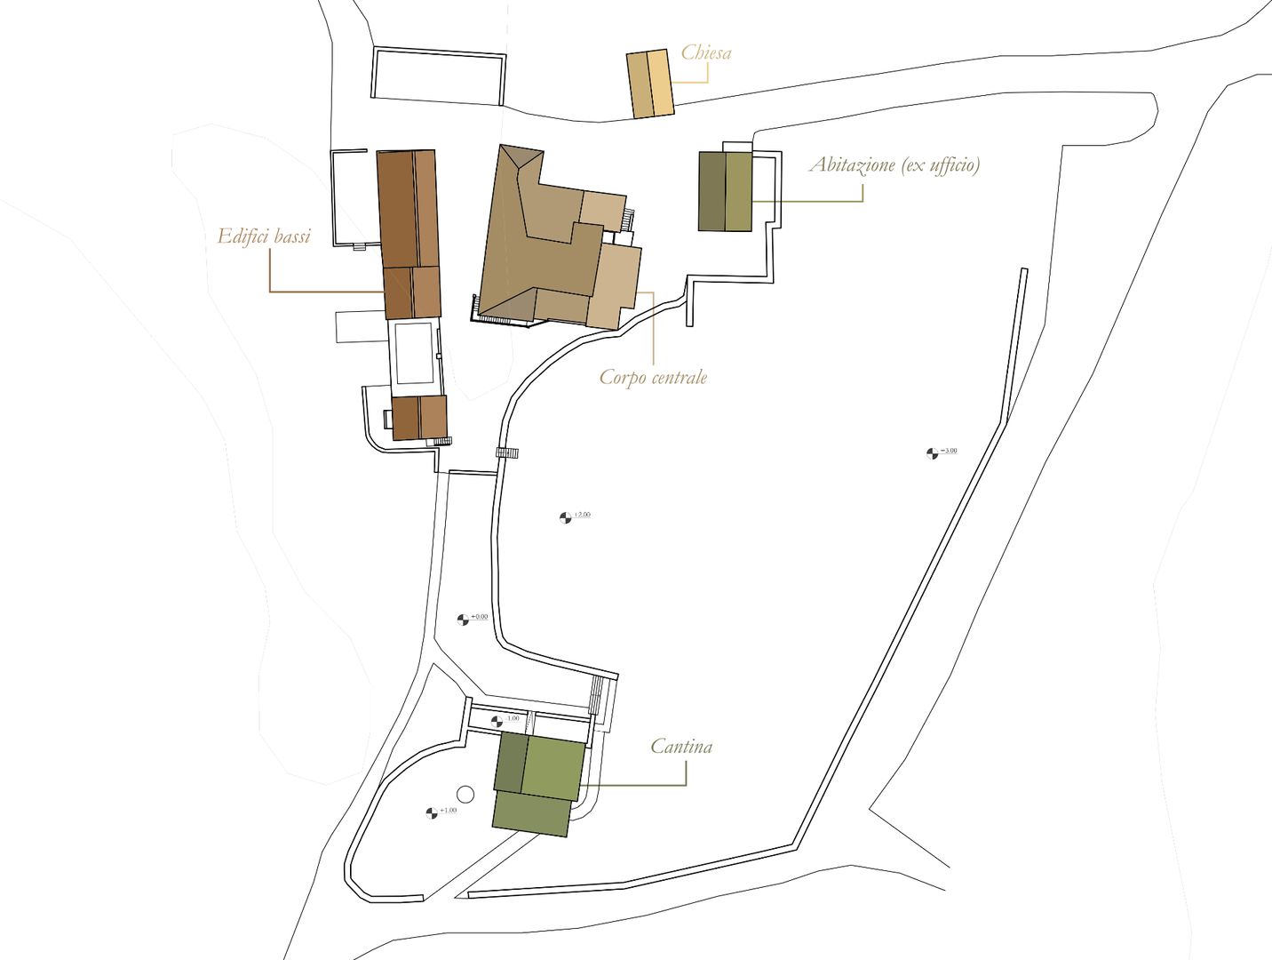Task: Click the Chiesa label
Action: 706,52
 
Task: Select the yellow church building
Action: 649,84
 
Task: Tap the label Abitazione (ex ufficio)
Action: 894,164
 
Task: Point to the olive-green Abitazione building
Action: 725,191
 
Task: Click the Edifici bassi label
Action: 264,236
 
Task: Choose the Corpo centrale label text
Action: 653,377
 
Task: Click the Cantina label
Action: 681,746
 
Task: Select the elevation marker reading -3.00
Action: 932,453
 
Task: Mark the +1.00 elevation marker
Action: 432,812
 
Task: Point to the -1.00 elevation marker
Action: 497,721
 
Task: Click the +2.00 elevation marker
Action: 565,517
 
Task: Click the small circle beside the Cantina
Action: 464,794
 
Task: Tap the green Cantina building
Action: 538,782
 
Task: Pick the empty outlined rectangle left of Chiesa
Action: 438,76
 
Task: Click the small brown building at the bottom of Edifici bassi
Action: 419,417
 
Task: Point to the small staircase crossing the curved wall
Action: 507,452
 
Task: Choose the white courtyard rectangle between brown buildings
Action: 415,353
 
